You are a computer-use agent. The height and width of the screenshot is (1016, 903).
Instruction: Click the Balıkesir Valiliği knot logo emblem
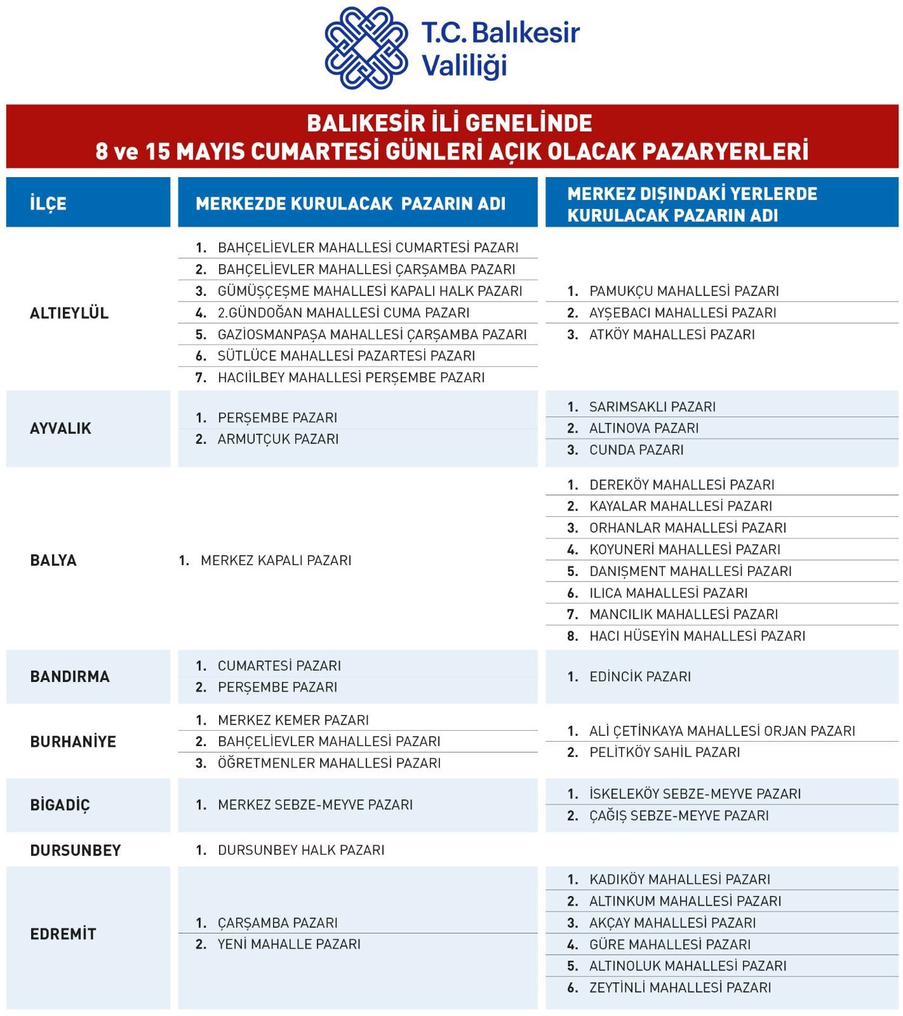[366, 48]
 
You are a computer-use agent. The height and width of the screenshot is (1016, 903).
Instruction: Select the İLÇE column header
[48, 203]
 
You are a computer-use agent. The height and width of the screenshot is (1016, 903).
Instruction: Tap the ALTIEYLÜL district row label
[69, 312]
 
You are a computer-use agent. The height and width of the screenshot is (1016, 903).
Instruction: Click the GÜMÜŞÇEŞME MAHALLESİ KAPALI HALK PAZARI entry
[369, 291]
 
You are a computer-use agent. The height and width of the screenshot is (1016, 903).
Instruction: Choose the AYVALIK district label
[60, 428]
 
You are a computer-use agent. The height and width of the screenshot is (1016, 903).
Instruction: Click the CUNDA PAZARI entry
[636, 450]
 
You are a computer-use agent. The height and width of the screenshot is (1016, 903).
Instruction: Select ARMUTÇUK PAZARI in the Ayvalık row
[278, 439]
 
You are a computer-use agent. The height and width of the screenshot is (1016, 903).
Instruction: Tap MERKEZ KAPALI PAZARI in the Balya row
[276, 560]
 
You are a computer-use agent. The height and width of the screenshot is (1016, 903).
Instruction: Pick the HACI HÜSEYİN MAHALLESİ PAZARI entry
[697, 636]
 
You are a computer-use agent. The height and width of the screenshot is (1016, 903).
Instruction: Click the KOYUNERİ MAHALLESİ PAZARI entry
[685, 549]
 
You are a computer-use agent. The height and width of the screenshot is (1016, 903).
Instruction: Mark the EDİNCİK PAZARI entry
[639, 676]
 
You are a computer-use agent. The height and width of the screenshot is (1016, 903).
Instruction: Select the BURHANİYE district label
[73, 742]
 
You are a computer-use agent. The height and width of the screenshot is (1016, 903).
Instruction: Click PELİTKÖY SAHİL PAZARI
[664, 752]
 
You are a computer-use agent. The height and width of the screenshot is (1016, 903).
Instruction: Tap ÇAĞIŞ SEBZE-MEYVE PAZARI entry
[678, 815]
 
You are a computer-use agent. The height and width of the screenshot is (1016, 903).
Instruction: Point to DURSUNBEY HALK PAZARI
[300, 850]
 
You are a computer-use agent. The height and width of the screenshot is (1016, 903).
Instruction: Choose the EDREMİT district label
[63, 933]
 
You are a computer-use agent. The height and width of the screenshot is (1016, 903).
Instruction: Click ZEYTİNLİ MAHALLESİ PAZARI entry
[679, 987]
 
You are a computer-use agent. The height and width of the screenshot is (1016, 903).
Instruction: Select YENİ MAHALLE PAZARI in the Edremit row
[288, 944]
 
